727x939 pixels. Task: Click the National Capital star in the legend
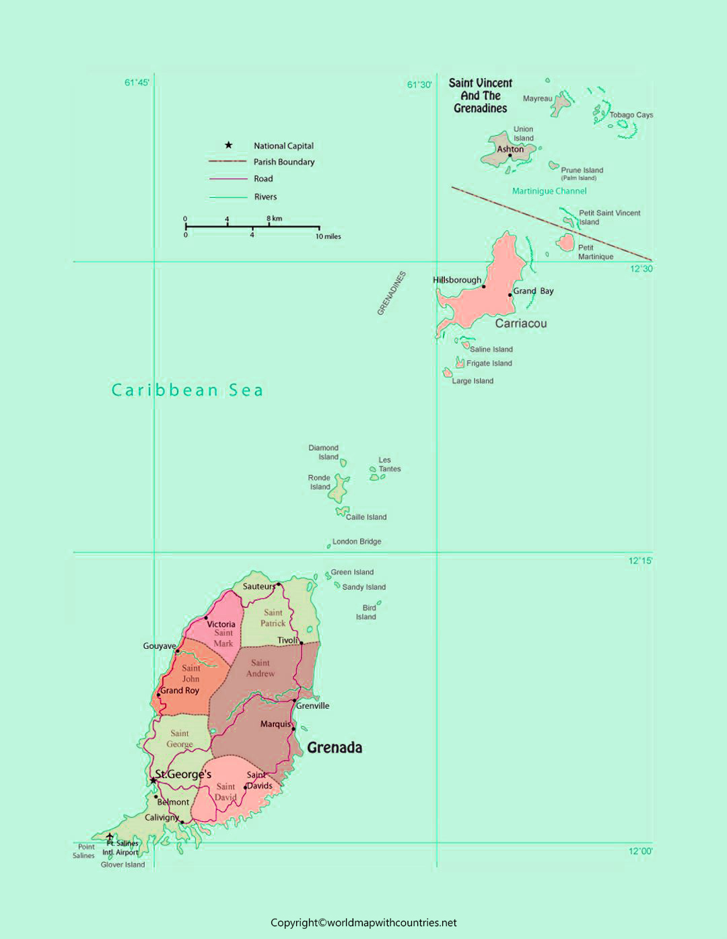228,145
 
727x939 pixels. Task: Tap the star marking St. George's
153,780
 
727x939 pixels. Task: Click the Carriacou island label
520,324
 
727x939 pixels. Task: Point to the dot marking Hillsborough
484,287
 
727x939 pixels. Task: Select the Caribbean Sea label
187,390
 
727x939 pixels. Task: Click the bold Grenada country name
335,748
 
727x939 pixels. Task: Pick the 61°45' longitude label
137,83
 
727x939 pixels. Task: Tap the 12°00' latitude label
640,851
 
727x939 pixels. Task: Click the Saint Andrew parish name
261,668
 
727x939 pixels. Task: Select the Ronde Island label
319,483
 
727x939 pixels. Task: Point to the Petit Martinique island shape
565,242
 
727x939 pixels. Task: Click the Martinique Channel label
549,191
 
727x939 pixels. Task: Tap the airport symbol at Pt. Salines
110,837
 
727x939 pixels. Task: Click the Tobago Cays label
631,115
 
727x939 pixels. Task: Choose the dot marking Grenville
295,701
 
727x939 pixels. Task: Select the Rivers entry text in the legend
265,197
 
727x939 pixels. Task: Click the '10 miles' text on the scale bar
328,237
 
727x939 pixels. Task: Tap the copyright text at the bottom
363,923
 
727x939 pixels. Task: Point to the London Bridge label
356,542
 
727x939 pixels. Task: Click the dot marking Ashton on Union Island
510,155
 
